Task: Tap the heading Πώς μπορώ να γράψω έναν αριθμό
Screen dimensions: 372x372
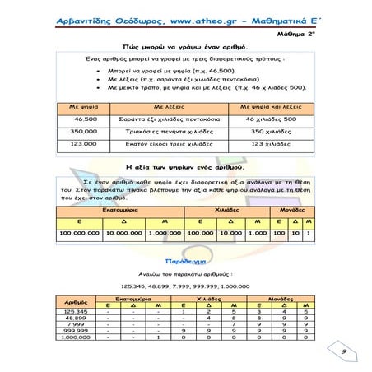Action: point(185,48)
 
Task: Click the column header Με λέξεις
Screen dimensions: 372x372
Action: point(159,107)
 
